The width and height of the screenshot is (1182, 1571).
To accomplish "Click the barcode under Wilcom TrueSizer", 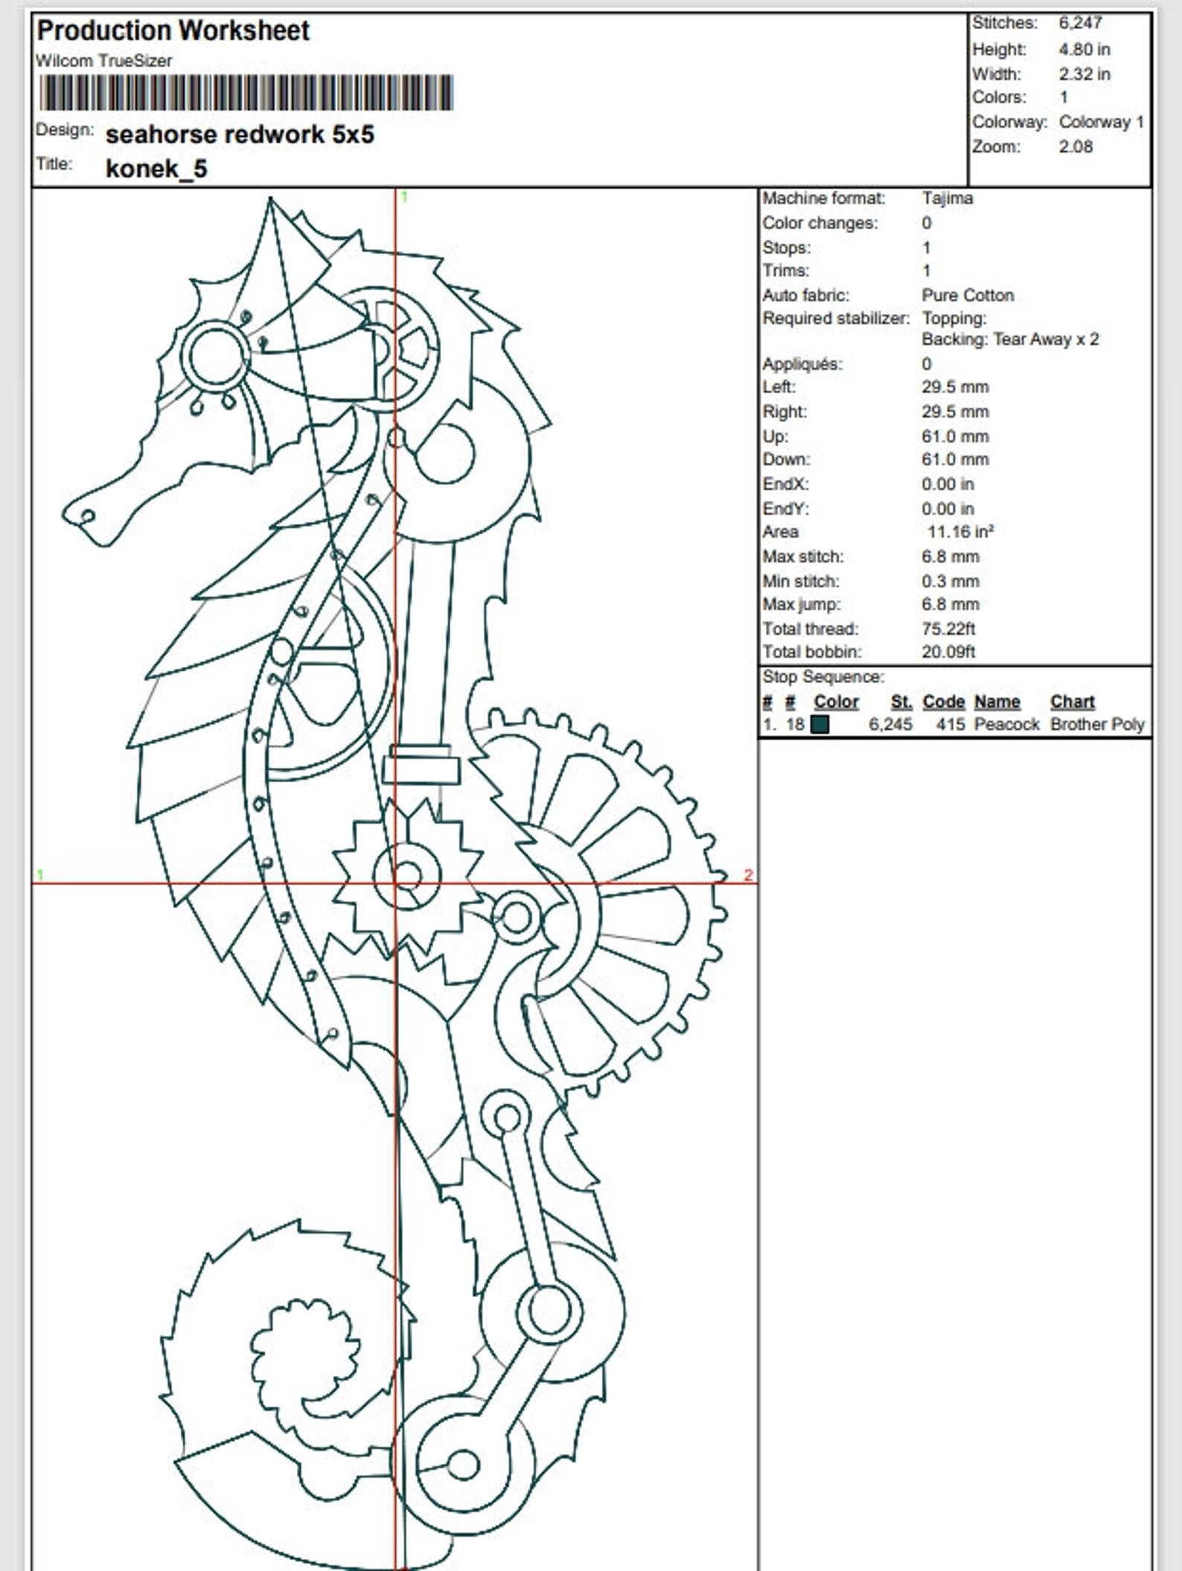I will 246,93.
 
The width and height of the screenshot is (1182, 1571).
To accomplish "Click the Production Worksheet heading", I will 173,31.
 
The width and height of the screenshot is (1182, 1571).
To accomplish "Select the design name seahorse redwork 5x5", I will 240,135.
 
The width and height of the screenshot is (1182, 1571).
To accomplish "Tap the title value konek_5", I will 156,169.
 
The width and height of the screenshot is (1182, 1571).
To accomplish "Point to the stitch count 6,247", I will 1080,23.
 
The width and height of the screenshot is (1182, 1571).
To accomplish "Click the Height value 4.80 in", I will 1084,50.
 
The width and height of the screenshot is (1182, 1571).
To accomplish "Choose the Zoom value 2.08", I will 1076,147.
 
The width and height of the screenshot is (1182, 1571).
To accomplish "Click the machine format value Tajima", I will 947,198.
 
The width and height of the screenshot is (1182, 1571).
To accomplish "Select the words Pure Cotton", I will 968,295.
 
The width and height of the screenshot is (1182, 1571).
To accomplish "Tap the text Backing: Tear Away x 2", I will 1010,339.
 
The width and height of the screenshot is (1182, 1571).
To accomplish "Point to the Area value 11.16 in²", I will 960,532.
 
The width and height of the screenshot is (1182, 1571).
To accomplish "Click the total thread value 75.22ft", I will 948,629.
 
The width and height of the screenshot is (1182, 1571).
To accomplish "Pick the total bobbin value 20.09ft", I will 948,652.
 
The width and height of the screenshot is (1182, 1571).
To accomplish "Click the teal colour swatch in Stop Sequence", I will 820,724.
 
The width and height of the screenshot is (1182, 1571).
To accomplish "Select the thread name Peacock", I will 1006,724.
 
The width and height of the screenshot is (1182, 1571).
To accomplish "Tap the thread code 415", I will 951,724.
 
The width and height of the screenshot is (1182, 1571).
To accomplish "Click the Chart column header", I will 1072,702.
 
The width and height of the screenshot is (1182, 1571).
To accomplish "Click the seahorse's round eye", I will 216,355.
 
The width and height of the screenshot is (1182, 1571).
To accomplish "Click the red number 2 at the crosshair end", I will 748,875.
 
